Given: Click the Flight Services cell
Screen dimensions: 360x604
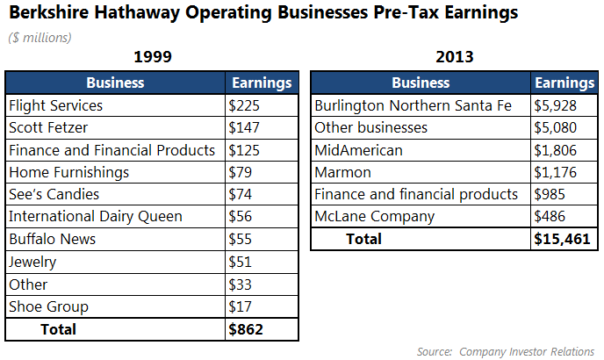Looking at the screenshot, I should (55, 106).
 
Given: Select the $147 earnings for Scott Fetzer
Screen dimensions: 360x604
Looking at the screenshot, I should (244, 128).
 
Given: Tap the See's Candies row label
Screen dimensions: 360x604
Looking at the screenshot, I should (54, 195).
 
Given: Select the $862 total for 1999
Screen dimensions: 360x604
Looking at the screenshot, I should (246, 329).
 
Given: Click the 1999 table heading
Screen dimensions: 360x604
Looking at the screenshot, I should (152, 58).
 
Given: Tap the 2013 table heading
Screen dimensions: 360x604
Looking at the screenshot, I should (454, 58).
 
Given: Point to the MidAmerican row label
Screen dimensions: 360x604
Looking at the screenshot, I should (358, 150).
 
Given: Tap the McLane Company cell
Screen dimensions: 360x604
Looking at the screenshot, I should (374, 217).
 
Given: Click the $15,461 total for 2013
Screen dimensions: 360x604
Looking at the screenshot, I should (563, 239).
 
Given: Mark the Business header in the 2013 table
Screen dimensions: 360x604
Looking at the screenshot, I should (421, 83).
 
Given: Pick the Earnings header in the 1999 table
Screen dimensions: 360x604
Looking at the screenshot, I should (262, 83).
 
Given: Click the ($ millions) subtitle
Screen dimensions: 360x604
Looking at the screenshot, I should (40, 37).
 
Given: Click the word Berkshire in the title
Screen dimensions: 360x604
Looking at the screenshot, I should (46, 13).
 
